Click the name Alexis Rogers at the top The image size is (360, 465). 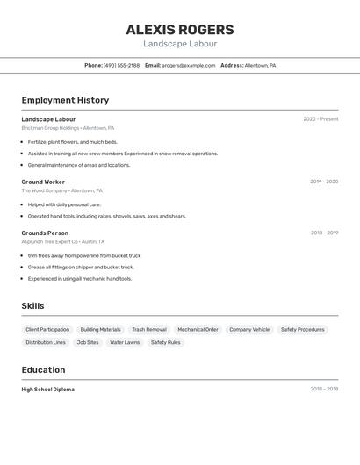click(x=180, y=30)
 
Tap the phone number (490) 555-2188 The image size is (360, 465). click(x=121, y=65)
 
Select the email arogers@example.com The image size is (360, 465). click(x=188, y=65)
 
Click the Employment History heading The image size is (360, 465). click(x=65, y=100)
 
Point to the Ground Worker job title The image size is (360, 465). click(x=43, y=182)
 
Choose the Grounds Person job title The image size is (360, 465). click(x=45, y=232)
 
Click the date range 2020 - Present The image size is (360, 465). click(x=320, y=119)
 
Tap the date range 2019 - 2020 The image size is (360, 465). click(x=324, y=182)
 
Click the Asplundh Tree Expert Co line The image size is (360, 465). click(x=62, y=241)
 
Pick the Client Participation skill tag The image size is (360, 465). click(x=47, y=330)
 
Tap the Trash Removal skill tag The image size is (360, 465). click(x=148, y=330)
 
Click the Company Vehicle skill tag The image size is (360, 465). click(x=249, y=330)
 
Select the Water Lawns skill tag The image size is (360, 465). click(x=125, y=342)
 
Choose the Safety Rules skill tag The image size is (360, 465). click(x=165, y=342)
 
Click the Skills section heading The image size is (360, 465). click(x=32, y=306)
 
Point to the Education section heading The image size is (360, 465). click(x=43, y=369)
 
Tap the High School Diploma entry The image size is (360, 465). click(x=47, y=389)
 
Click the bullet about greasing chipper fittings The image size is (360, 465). click(x=81, y=267)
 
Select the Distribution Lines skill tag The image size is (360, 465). click(x=46, y=342)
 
